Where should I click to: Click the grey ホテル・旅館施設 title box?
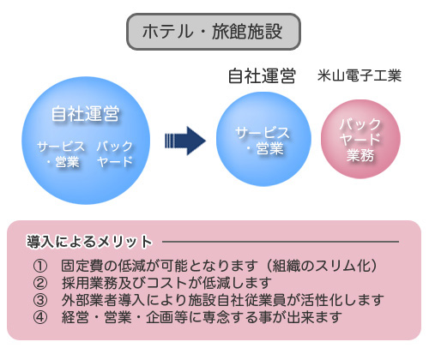pos(214,32)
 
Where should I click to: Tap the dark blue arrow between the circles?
pos(185,141)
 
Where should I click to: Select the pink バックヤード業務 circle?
pos(360,139)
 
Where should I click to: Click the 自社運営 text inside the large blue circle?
pos(85,114)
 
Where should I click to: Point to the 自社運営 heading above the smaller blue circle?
pos(262,76)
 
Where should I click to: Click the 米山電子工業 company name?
pos(360,75)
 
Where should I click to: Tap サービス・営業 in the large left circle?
pos(61,154)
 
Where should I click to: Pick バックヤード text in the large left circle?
pos(115,154)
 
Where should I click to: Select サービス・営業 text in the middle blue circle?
pos(263,141)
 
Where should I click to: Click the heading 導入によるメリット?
pos(89,242)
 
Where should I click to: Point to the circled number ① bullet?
pos(40,266)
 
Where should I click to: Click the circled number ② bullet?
pos(40,283)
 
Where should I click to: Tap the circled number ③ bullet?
pos(40,300)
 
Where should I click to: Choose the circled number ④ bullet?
pos(40,317)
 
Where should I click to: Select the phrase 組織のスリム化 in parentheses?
pos(321,266)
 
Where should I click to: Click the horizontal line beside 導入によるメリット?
pos(281,242)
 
